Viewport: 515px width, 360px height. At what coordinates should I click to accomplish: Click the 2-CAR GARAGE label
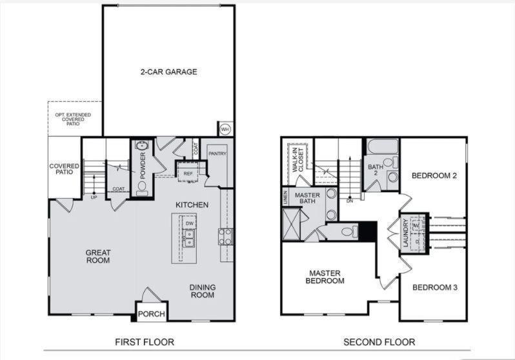click(x=168, y=72)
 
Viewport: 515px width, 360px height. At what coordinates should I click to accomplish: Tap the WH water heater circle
click(x=225, y=129)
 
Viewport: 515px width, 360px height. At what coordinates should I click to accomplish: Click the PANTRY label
click(x=217, y=153)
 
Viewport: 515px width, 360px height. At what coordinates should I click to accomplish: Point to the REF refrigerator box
click(x=188, y=173)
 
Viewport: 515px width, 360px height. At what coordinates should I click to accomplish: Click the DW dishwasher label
click(x=189, y=223)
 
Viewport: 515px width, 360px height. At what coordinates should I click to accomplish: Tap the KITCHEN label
click(x=192, y=205)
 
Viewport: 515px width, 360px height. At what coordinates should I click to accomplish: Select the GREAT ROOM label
click(x=98, y=256)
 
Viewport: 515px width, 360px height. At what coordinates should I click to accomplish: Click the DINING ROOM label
click(x=203, y=291)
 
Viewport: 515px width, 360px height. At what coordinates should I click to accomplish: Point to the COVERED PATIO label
click(x=65, y=170)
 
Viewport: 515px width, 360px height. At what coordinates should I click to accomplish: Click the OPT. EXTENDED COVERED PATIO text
click(x=76, y=119)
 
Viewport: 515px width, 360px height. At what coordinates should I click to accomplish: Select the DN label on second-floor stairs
click(x=349, y=201)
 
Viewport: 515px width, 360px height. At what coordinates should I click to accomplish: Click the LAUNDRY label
click(x=404, y=234)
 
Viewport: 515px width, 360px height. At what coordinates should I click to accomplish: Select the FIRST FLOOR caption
click(x=145, y=342)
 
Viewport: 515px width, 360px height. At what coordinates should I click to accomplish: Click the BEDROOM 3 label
click(x=435, y=287)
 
